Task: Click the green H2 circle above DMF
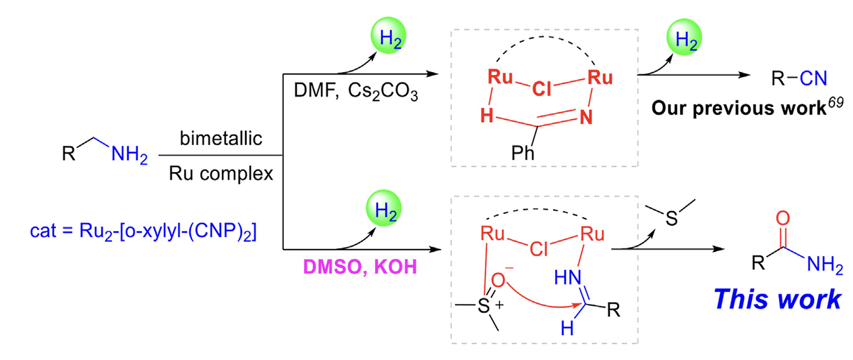pyautogui.click(x=388, y=36)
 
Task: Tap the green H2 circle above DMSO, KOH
pyautogui.click(x=384, y=208)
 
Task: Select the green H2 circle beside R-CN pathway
pyautogui.click(x=684, y=37)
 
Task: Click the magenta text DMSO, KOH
pyautogui.click(x=360, y=267)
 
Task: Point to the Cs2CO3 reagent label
pyautogui.click(x=383, y=91)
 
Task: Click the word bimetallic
pyautogui.click(x=221, y=138)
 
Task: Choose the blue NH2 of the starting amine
pyautogui.click(x=129, y=155)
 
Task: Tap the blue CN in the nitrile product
pyautogui.click(x=813, y=79)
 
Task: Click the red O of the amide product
pyautogui.click(x=783, y=218)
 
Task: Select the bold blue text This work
pyautogui.click(x=777, y=299)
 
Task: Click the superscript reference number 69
pyautogui.click(x=836, y=103)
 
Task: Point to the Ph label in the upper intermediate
pyautogui.click(x=522, y=153)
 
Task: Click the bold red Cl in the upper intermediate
pyautogui.click(x=541, y=89)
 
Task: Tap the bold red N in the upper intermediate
pyautogui.click(x=586, y=118)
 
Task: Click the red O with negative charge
pyautogui.click(x=498, y=280)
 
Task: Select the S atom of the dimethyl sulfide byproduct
pyautogui.click(x=671, y=219)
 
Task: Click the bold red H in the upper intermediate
pyautogui.click(x=487, y=116)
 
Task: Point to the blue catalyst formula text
pyautogui.click(x=143, y=231)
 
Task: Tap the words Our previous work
pyautogui.click(x=739, y=109)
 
